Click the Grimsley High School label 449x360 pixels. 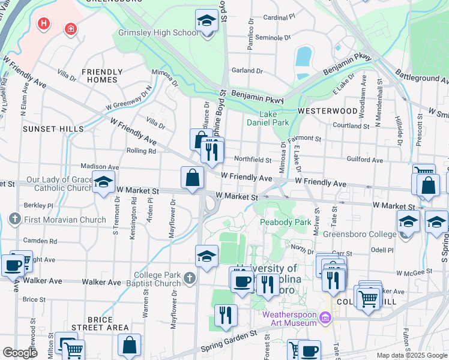pyautogui.click(x=158, y=33)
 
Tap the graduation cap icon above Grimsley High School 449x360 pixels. pyautogui.click(x=206, y=22)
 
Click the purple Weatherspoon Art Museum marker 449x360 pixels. pyautogui.click(x=325, y=317)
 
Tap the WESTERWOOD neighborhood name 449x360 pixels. pyautogui.click(x=327, y=111)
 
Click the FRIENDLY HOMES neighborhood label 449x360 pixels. pyautogui.click(x=102, y=76)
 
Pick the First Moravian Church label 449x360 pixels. pyautogui.click(x=65, y=220)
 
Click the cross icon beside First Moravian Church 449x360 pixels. pyautogui.click(x=14, y=220)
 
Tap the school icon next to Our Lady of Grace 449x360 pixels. pyautogui.click(x=103, y=181)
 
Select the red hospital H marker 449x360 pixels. pyautogui.click(x=43, y=24)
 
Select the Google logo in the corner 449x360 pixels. pyautogui.click(x=20, y=353)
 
